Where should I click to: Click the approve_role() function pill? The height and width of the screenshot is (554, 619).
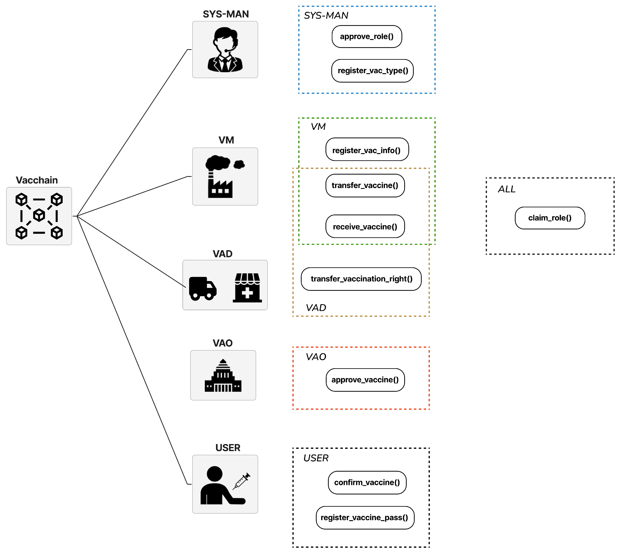367,37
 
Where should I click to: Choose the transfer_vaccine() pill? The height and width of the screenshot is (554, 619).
365,185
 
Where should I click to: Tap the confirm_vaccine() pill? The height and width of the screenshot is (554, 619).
367,482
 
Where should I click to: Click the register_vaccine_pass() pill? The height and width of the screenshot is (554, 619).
365,517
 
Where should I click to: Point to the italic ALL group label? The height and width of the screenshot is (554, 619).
506,189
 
